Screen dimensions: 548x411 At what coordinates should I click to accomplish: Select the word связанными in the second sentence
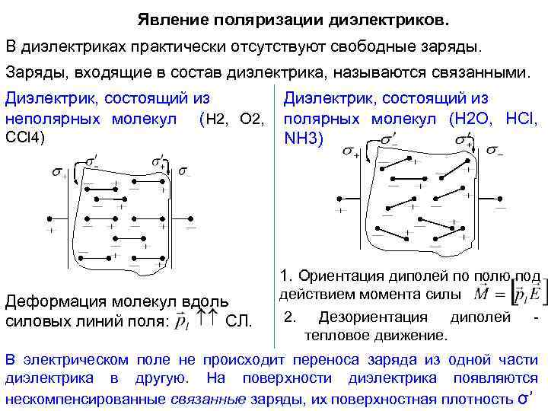click(x=483, y=73)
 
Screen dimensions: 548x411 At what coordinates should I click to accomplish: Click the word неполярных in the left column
click(x=50, y=119)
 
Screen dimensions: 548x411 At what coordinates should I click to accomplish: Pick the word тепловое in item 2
click(x=332, y=334)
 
